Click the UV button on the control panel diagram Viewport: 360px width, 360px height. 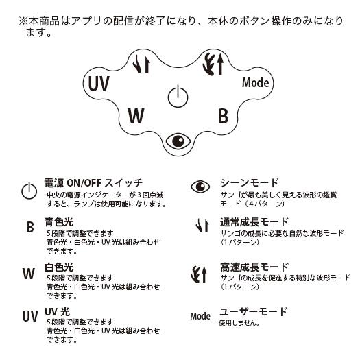point(99,84)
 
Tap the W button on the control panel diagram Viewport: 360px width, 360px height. point(136,115)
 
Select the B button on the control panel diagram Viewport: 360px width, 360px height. point(223,115)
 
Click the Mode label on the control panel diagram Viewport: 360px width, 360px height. point(255,82)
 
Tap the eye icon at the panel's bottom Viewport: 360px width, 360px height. point(178,141)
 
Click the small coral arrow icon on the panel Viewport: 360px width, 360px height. point(141,64)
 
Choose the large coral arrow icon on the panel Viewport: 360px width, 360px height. point(213,64)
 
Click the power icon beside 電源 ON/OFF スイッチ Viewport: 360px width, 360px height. point(29,191)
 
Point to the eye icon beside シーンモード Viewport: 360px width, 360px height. point(200,187)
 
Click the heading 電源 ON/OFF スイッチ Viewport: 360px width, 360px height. point(93,183)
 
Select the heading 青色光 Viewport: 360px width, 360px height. point(59,222)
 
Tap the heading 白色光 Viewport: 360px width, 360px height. point(59,267)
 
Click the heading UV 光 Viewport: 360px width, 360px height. point(57,312)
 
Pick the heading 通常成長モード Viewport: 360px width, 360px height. point(254,222)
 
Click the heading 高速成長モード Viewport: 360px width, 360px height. point(254,267)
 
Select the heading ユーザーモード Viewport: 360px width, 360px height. point(253,311)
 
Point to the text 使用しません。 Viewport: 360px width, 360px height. point(239,323)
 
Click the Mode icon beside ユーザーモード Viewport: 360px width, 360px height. point(200,316)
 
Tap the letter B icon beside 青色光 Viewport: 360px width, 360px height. point(30,227)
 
